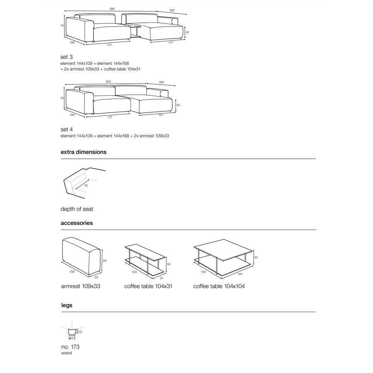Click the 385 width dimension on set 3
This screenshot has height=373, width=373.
point(112,8)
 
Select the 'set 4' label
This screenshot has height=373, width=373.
point(67,129)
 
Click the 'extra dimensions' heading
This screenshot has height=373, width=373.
point(83,152)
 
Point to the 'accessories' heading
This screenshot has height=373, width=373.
point(77,223)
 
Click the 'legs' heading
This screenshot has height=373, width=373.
point(66,305)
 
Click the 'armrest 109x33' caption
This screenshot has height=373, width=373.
point(80,286)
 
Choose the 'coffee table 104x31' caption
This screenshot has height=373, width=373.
point(148,286)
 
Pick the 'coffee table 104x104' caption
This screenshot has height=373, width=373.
point(219,286)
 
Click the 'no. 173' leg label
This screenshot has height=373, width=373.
point(70,347)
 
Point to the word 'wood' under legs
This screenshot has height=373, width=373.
point(66,353)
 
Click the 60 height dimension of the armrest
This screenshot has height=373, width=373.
point(105,261)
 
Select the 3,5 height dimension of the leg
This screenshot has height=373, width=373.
point(80,332)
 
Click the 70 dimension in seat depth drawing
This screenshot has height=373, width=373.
point(86,186)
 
